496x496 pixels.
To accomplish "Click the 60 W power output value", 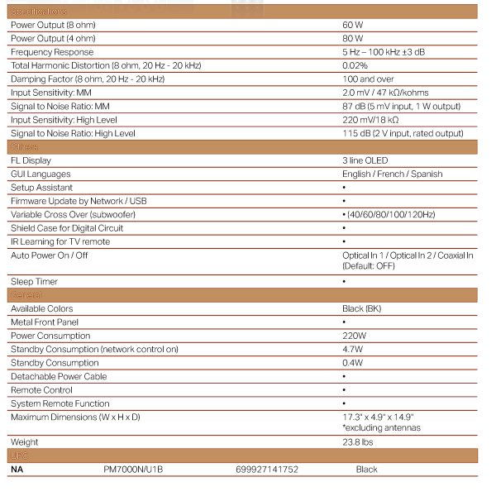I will coord(353,25).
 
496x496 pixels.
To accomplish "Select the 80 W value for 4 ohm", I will coord(353,38).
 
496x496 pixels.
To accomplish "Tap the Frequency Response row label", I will coord(52,52).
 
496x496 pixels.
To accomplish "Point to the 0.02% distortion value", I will coord(355,65).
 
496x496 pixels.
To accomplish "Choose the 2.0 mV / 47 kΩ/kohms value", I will coord(385,93).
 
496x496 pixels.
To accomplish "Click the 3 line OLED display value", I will coord(365,160).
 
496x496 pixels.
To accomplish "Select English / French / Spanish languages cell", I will coord(393,174).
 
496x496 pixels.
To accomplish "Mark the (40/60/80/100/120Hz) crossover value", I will coord(390,214).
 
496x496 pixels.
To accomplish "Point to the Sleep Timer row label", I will coord(35,282).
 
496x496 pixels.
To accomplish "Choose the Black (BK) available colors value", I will coord(362,308).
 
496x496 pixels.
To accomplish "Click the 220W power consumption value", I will coord(354,336).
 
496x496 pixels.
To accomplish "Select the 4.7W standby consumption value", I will coord(353,349).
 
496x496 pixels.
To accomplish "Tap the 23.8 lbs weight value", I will coord(358,442).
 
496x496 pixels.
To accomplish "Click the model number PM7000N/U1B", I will coord(133,470).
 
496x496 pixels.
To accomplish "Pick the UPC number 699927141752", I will coord(267,470).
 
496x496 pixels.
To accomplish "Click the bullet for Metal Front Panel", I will coord(344,322).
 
